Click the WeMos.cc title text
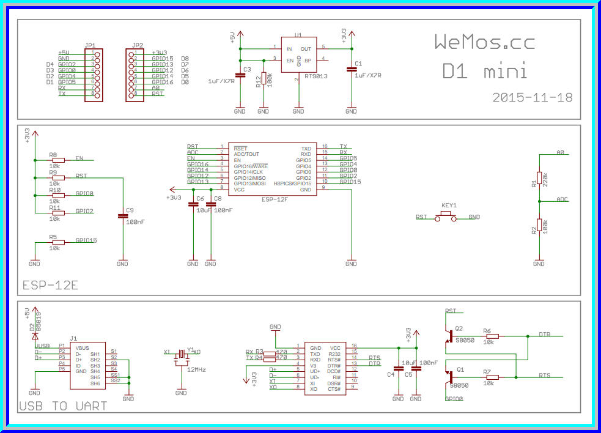point(484,42)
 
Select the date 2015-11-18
point(532,97)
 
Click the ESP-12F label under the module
point(275,199)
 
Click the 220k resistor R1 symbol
point(539,180)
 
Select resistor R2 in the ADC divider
point(539,227)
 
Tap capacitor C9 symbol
point(122,216)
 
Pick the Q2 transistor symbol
point(450,336)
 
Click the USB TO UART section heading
point(64,406)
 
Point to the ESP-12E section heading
point(50,286)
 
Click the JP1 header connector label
point(90,45)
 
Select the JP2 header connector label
point(138,45)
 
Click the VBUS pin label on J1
point(81,348)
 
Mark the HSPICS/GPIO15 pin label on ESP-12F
point(293,183)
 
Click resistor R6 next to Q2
point(492,336)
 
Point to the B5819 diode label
point(39,322)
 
